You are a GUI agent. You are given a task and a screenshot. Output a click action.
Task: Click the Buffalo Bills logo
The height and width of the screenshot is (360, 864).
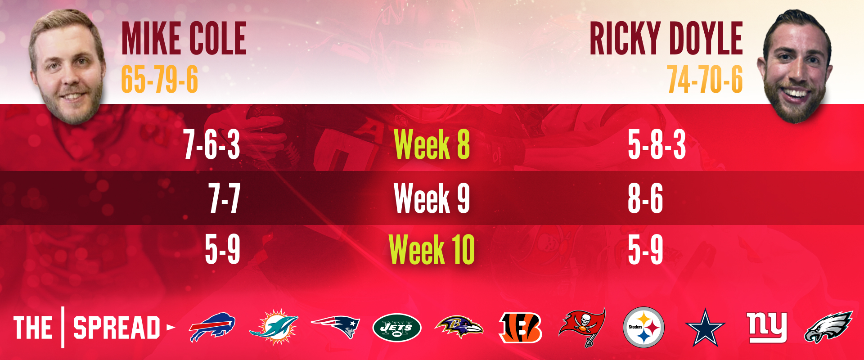[212, 327]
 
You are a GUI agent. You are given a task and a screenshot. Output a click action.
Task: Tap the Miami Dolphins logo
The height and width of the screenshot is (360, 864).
[274, 327]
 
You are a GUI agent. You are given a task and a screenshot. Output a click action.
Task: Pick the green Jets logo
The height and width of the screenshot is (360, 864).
[397, 328]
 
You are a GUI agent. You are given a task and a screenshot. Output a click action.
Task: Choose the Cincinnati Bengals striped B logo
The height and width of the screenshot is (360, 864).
[520, 328]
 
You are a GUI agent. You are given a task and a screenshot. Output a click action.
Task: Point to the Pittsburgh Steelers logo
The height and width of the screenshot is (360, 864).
[643, 327]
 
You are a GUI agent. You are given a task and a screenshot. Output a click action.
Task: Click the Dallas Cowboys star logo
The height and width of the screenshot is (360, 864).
[705, 328]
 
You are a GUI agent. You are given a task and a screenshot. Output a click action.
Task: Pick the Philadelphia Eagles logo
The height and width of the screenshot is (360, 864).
[828, 327]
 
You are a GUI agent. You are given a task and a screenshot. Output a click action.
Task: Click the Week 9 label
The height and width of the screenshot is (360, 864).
[432, 198]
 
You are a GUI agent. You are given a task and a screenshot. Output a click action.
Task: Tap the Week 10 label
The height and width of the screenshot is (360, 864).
[432, 249]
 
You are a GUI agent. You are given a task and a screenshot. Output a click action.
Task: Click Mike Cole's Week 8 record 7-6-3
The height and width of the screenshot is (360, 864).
[211, 144]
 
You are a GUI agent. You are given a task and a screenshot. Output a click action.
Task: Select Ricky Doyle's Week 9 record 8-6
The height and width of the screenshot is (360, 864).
[645, 198]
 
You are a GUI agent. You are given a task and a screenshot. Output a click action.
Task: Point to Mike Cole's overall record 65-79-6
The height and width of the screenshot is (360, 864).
[159, 79]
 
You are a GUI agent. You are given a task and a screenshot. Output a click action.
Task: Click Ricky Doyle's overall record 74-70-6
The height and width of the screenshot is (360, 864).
[705, 79]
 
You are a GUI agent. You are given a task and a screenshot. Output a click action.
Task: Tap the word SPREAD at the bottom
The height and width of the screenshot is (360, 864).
[117, 328]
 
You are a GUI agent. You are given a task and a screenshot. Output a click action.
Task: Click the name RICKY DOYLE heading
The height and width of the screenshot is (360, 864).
[666, 39]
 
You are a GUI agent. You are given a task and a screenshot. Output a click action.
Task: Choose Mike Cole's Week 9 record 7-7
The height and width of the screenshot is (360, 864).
[224, 198]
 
